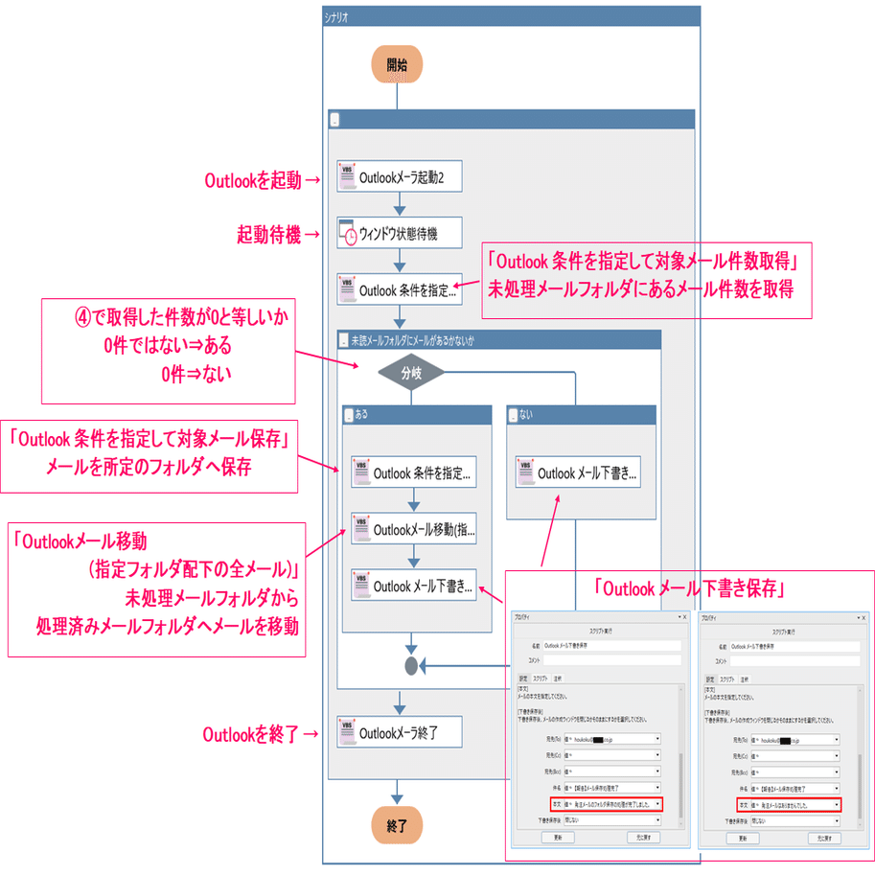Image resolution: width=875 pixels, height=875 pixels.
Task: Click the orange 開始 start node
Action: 397,65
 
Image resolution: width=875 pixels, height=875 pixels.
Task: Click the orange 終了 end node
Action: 397,824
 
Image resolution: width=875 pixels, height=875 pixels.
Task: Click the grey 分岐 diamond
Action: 411,374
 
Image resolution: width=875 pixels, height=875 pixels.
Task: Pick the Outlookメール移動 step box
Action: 413,530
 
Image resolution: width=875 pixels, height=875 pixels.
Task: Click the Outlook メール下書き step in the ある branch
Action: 413,586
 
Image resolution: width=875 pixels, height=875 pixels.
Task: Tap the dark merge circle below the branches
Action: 412,665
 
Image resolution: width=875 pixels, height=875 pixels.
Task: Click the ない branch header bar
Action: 580,415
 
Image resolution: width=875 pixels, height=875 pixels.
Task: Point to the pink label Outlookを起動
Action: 253,178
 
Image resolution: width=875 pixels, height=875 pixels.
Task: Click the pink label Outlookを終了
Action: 253,734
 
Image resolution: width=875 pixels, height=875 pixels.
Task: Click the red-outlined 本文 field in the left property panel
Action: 606,804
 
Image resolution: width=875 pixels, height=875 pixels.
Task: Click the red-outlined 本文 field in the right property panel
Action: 790,805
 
